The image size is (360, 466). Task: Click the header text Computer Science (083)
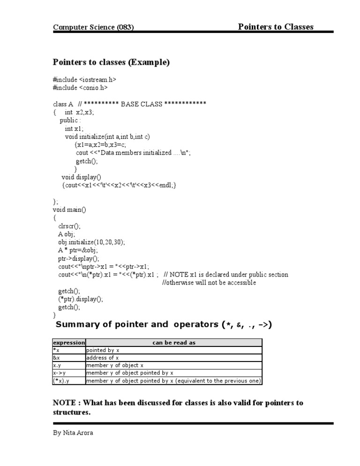[93, 27]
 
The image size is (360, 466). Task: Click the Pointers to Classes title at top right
[276, 26]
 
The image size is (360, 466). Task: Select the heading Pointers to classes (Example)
[111, 62]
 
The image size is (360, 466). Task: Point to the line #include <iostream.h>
[84, 80]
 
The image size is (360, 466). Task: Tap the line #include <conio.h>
[81, 88]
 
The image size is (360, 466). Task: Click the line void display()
[81, 177]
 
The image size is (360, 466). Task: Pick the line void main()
[67, 210]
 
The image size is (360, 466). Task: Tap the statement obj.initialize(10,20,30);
[91, 242]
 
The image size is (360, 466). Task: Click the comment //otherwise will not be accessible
[209, 283]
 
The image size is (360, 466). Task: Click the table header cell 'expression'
[69, 343]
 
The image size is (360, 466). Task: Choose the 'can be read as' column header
[174, 343]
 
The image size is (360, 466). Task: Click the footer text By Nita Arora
[73, 433]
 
